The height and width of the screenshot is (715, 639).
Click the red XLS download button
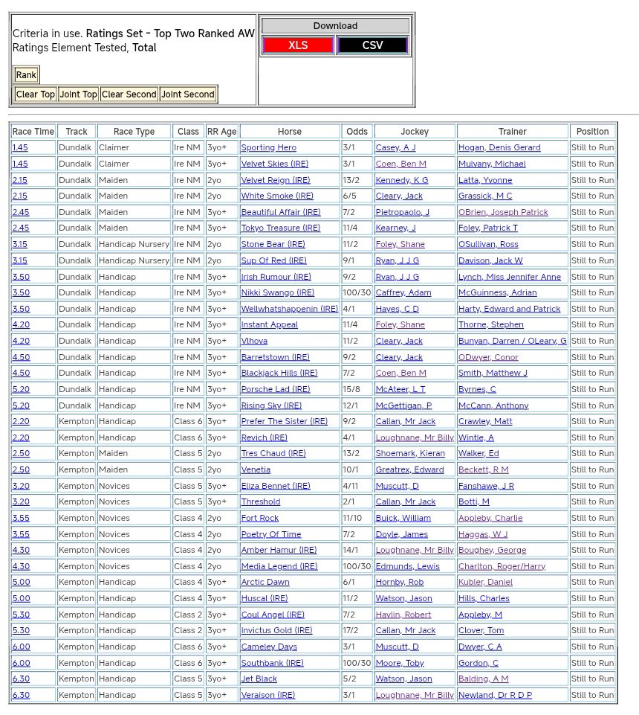tap(298, 45)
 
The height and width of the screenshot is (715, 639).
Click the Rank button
tap(26, 74)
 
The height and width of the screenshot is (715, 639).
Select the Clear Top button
tap(35, 94)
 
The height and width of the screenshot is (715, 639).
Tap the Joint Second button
tap(188, 94)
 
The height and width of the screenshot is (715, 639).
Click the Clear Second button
tap(129, 94)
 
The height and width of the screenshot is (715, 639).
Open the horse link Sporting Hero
tap(268, 148)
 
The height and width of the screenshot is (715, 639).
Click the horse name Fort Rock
tap(259, 518)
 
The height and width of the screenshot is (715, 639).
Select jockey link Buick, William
tap(403, 518)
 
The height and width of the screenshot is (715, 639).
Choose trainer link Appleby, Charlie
tap(490, 518)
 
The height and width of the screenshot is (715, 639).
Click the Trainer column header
tap(512, 132)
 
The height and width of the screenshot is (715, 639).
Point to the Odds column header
tap(357, 132)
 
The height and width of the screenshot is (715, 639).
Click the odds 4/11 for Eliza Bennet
tap(351, 486)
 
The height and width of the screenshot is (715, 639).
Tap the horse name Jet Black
tap(259, 679)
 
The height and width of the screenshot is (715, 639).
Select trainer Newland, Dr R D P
tap(495, 695)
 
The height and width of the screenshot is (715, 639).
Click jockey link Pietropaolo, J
tap(402, 212)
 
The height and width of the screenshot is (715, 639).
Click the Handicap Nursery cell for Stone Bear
tap(134, 244)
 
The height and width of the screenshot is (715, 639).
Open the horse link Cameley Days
tap(268, 647)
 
